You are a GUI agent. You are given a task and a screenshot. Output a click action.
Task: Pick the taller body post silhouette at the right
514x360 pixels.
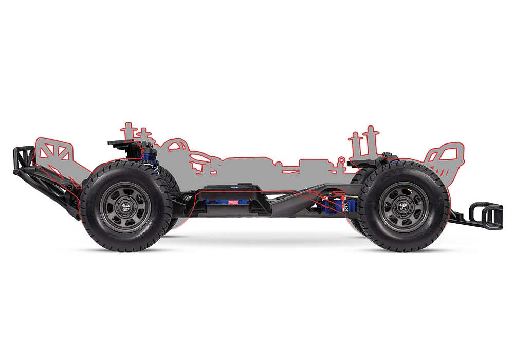[x=369, y=141]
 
